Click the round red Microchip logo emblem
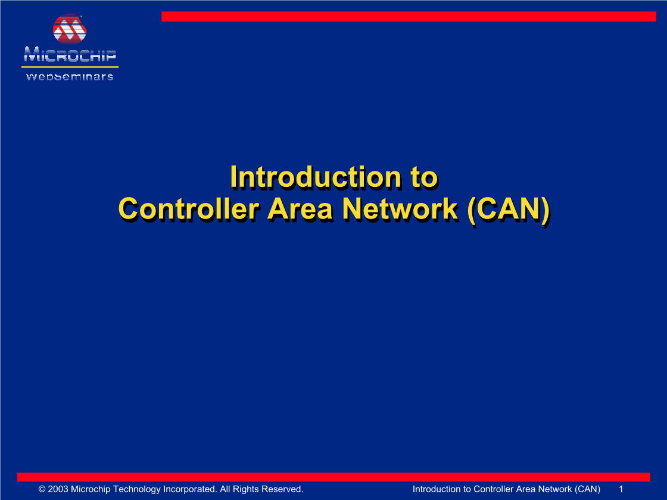(x=69, y=29)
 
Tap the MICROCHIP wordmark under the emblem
(x=70, y=55)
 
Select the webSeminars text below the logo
(x=70, y=77)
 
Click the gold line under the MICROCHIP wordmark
(x=70, y=67)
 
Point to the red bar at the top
(x=409, y=16)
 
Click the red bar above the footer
(x=333, y=477)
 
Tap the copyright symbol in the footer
(x=42, y=489)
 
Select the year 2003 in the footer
(x=58, y=489)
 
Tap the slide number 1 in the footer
(x=621, y=489)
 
